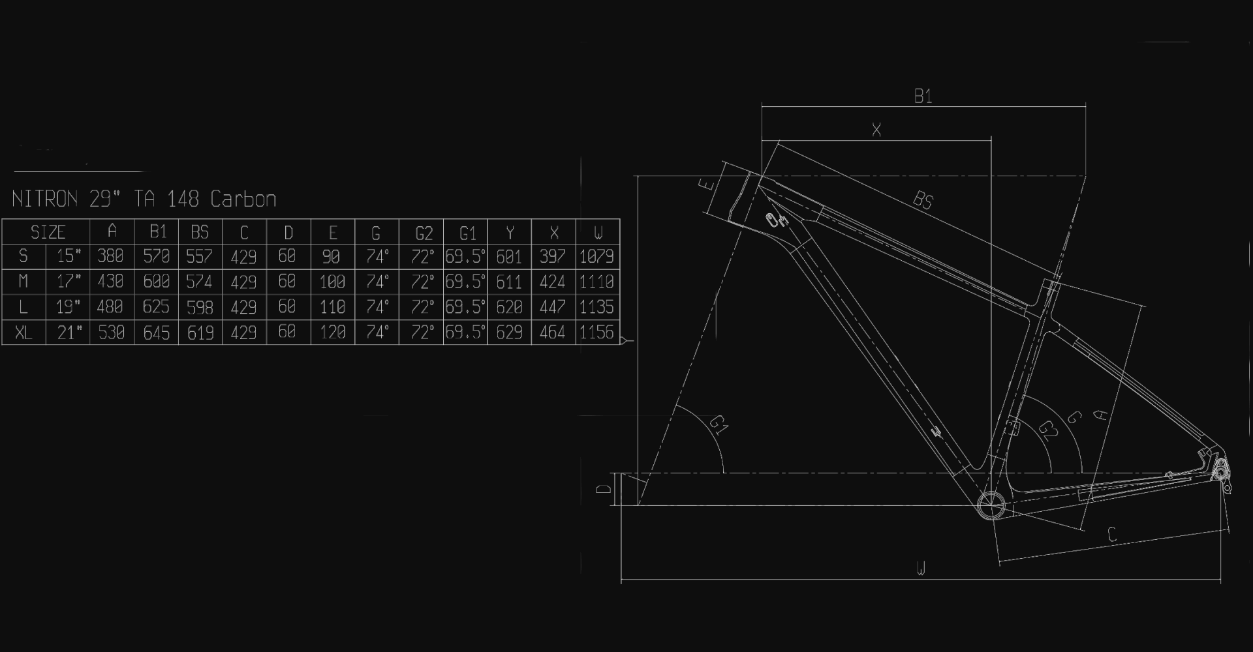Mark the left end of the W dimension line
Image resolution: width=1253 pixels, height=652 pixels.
pos(621,578)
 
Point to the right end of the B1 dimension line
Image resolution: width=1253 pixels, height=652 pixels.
pos(1085,106)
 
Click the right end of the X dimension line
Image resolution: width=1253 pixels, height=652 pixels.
pos(991,140)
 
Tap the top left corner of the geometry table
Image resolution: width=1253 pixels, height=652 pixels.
pos(2,220)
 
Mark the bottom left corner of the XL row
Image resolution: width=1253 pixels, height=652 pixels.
pos(2,344)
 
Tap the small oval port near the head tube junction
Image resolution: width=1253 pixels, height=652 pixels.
pos(775,220)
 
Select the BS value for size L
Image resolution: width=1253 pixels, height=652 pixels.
pos(200,307)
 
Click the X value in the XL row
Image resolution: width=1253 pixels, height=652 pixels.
pos(553,333)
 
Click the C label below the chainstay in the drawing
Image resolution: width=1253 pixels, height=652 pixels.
pos(1113,535)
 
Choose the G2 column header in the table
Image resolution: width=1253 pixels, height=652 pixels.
pos(424,233)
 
